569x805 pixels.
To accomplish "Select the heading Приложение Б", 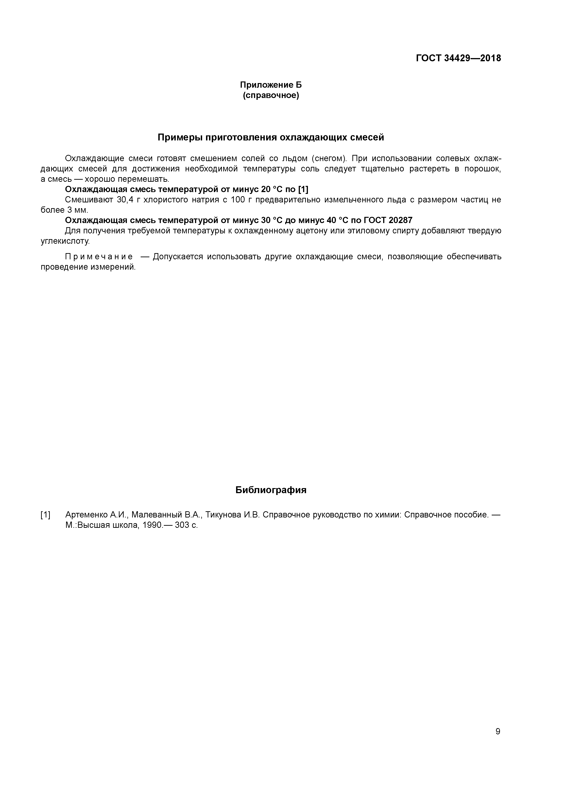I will (x=271, y=85).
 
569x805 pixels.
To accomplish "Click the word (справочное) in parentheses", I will (x=271, y=95).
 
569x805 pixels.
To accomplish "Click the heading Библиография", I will (x=271, y=490).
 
